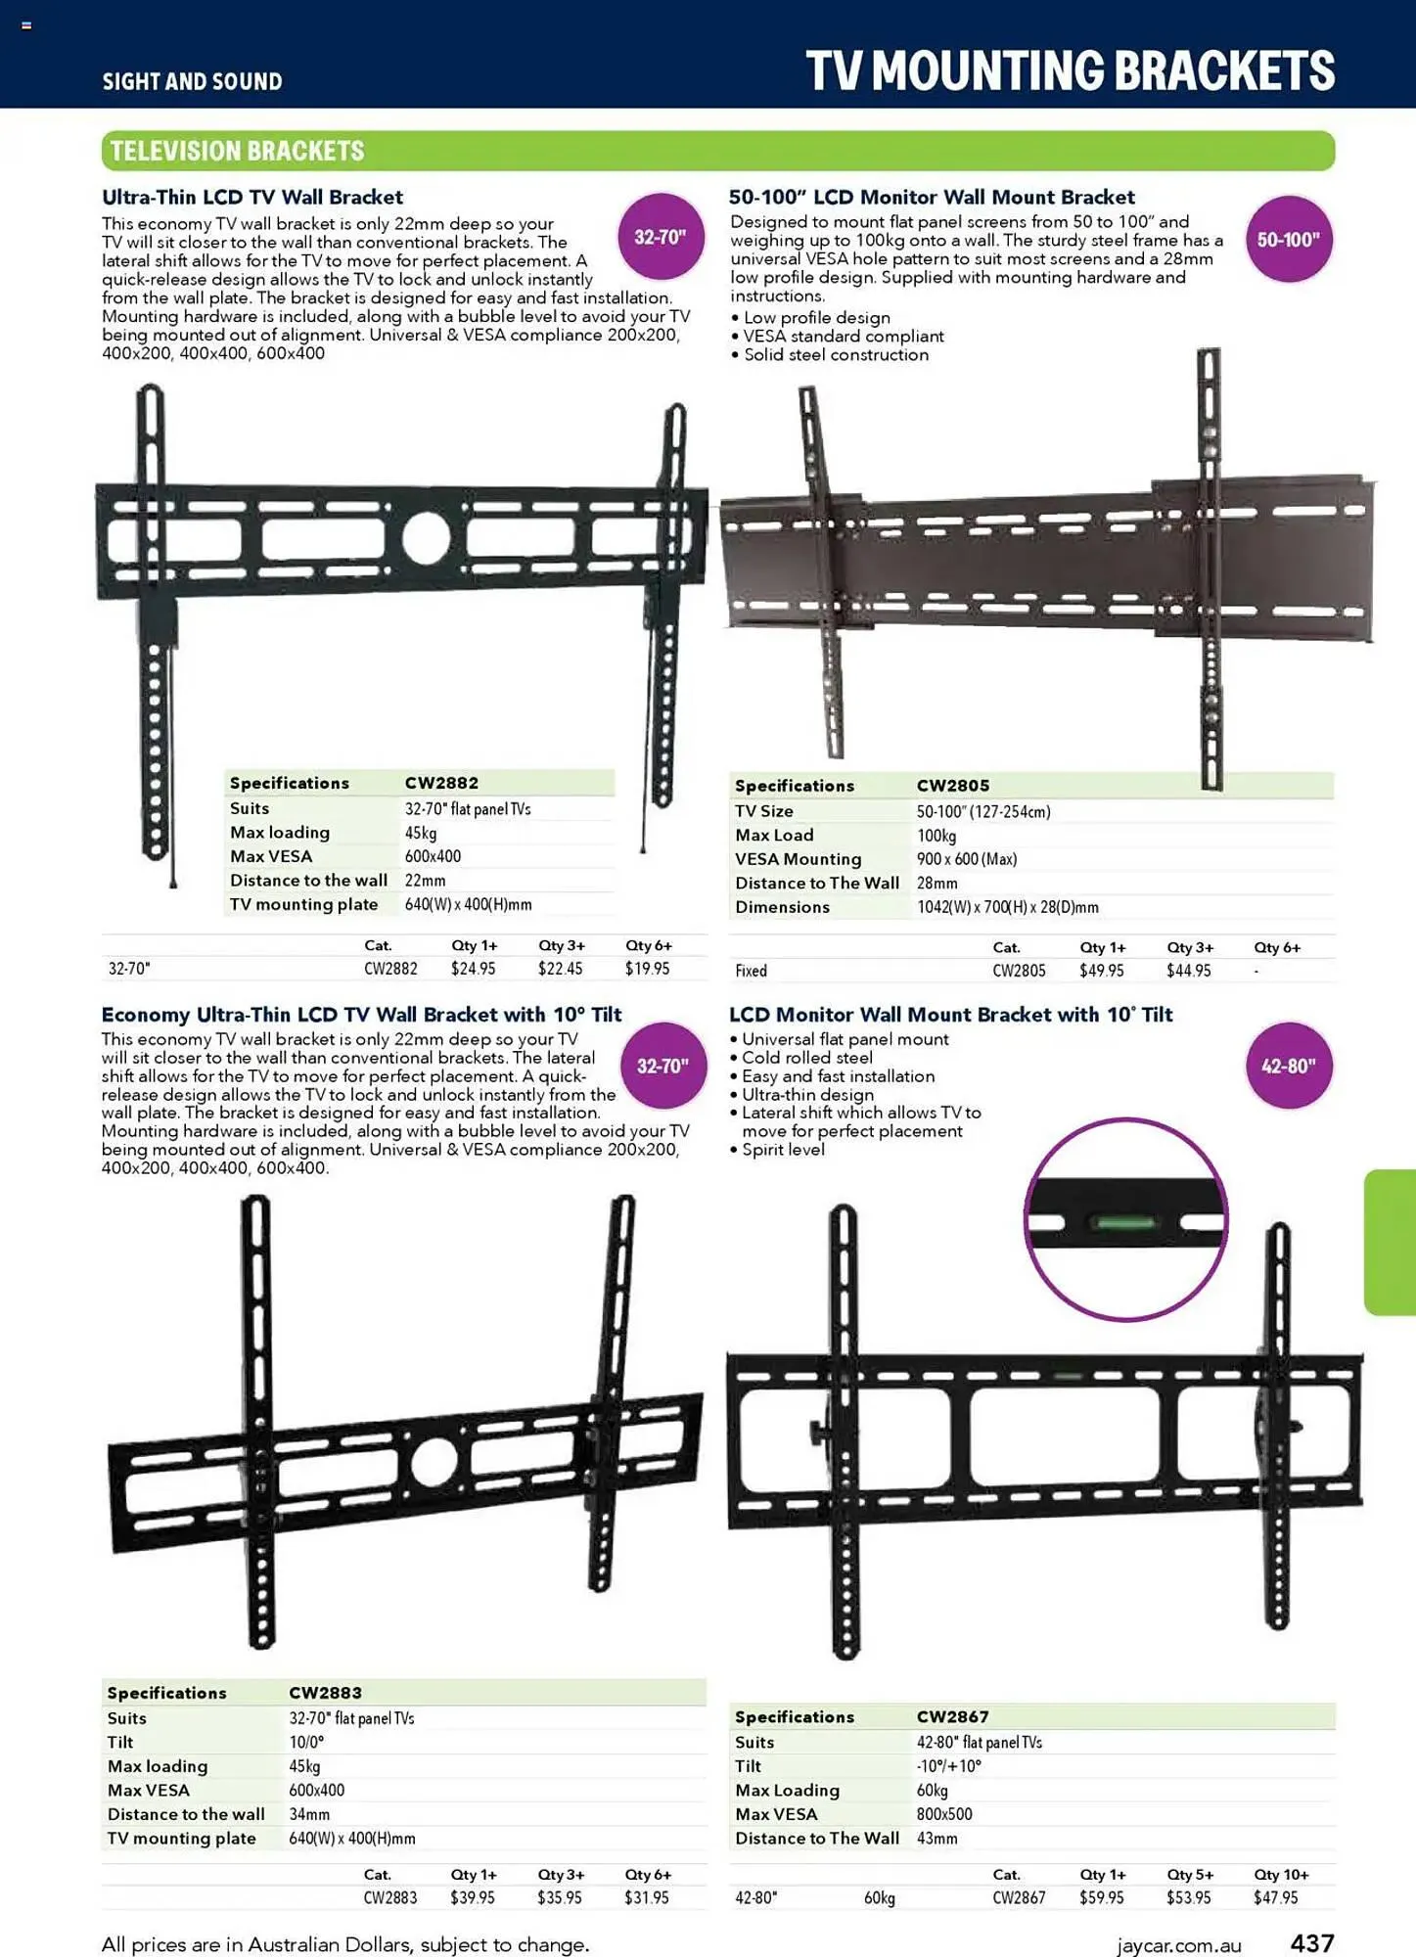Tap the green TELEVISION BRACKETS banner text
click(x=237, y=151)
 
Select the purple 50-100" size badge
click(x=1288, y=240)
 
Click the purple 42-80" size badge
click(x=1288, y=1066)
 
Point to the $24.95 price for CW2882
click(x=473, y=969)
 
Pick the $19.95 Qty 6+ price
click(x=647, y=969)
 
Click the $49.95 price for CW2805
click(x=1101, y=971)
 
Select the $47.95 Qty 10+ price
click(x=1275, y=1897)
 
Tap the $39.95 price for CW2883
click(x=472, y=1897)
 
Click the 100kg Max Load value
click(x=936, y=836)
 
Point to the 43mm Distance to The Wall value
click(x=936, y=1839)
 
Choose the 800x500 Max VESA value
click(x=944, y=1814)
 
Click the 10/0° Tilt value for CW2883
click(x=306, y=1742)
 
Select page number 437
click(x=1312, y=1942)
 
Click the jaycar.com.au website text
click(x=1178, y=1945)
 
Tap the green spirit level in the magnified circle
click(x=1125, y=1222)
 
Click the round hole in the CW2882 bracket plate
click(x=426, y=538)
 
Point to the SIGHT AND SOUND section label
click(x=192, y=81)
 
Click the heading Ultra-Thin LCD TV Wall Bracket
click(x=252, y=197)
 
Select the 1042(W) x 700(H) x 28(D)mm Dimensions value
click(x=1007, y=907)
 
